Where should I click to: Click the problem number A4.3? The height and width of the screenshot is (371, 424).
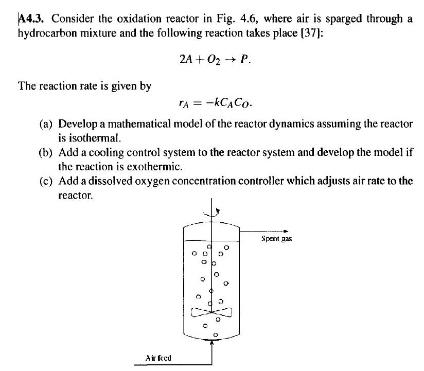click(33, 20)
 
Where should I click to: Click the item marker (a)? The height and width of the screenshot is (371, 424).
click(48, 124)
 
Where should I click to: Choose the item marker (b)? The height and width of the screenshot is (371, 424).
click(48, 153)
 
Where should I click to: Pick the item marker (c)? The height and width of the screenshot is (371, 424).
click(48, 181)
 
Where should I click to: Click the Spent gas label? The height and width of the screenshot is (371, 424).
click(276, 239)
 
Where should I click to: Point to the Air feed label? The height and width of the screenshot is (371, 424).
click(158, 358)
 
